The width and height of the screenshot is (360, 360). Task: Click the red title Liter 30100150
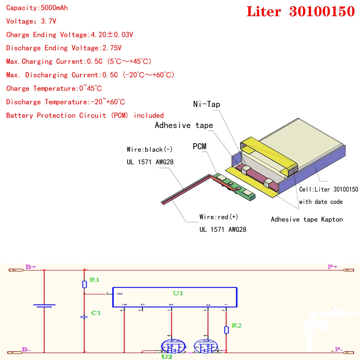point(301,11)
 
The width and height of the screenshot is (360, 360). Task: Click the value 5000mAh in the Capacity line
point(54,8)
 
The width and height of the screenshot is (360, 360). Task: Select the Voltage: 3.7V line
point(31,21)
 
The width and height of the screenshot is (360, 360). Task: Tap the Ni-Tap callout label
point(207,104)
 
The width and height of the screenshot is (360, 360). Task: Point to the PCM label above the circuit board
point(199,146)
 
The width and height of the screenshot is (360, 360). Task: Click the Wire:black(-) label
point(149,149)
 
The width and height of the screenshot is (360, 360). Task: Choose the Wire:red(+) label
point(219,217)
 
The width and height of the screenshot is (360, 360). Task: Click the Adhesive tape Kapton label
point(307,219)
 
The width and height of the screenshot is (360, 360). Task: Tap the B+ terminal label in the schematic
point(31,267)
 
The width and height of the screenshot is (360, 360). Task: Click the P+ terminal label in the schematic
point(333,267)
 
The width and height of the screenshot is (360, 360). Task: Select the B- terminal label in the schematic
point(26,349)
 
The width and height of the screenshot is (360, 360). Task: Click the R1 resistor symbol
point(85,284)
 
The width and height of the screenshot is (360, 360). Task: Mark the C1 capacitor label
point(96,313)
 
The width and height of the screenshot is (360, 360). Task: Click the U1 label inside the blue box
point(178,293)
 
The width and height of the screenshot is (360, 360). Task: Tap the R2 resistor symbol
point(226,330)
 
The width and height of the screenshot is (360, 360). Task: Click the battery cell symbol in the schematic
point(44,306)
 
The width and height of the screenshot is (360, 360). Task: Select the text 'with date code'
point(321,202)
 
